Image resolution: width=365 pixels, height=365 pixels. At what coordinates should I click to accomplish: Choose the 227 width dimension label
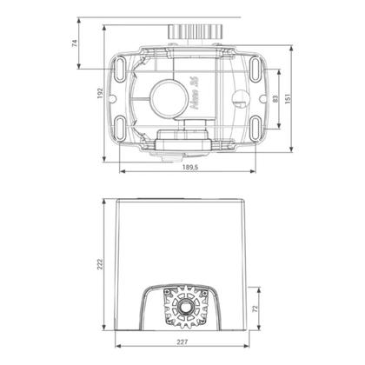pyautogui.click(x=183, y=352)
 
